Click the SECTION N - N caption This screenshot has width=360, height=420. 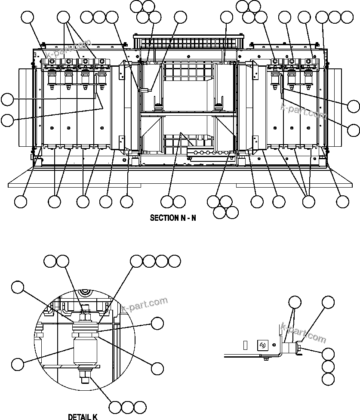coord(172,218)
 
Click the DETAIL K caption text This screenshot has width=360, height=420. coord(83,417)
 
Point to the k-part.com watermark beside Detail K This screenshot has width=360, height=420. coord(145,305)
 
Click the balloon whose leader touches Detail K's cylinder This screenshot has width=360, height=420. coord(17,364)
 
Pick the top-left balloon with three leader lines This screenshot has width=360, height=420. coord(64,18)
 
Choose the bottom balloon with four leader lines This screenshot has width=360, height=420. coord(308,201)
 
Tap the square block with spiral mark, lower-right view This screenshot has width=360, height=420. coord(263,345)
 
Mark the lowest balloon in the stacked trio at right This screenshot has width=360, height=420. coord(328,379)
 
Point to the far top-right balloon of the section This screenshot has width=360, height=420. coord(347,17)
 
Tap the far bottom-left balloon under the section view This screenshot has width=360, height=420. coord(21,201)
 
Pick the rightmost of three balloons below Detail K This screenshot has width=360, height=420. coord(140,407)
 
